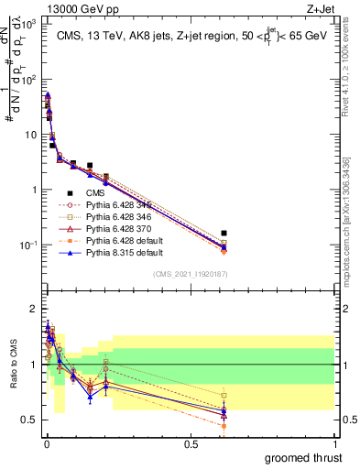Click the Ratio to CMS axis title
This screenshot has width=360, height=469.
12,366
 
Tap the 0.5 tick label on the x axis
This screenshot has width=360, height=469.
190,443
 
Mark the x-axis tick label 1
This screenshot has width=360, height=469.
335,443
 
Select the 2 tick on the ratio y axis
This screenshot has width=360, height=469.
34,308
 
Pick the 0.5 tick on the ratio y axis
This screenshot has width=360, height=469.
30,420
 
